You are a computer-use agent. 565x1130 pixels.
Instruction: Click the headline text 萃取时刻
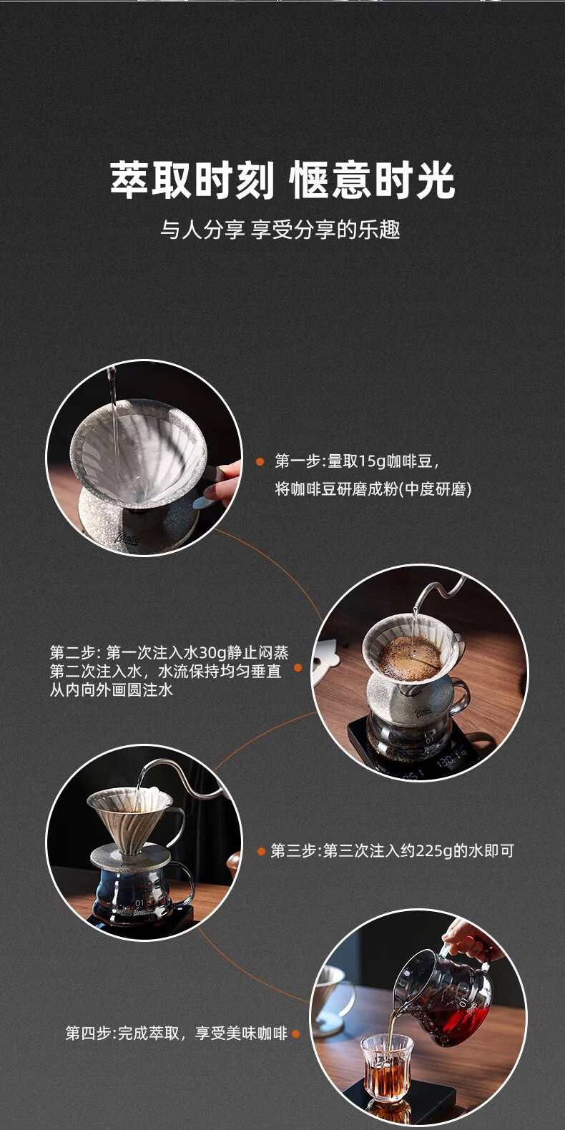click(192, 180)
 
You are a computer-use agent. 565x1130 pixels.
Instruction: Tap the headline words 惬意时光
click(373, 180)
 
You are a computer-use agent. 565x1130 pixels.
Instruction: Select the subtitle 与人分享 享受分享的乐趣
click(280, 230)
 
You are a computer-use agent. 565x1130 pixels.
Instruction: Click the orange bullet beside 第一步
click(260, 461)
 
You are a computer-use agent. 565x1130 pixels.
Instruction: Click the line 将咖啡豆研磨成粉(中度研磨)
click(373, 488)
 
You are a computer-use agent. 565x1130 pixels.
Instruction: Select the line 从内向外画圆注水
click(112, 689)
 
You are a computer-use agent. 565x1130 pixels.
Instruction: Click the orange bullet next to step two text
click(298, 668)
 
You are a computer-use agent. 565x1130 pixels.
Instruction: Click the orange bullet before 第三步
click(261, 852)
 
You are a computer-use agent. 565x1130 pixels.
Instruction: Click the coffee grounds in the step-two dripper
click(410, 657)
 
